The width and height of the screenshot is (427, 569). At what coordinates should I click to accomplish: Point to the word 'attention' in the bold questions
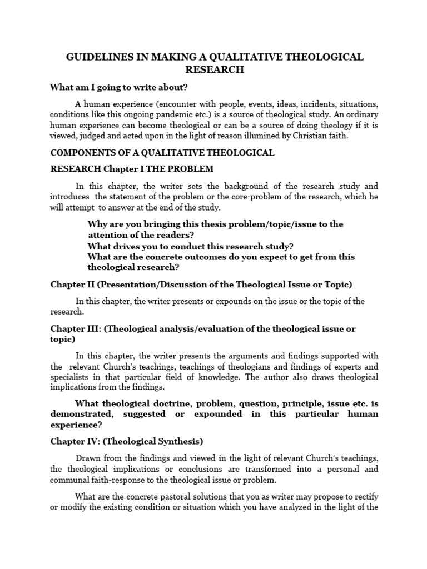pyautogui.click(x=108, y=235)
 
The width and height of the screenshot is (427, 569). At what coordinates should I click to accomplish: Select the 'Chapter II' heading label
pyautogui.click(x=72, y=284)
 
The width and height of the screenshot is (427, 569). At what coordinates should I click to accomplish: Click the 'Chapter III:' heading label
pyautogui.click(x=75, y=328)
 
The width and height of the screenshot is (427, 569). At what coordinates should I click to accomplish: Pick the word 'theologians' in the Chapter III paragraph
pyautogui.click(x=230, y=367)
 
